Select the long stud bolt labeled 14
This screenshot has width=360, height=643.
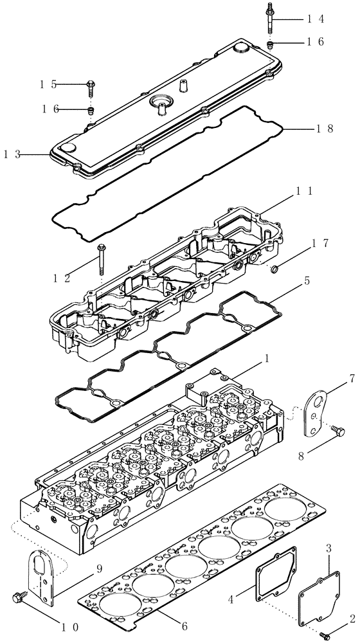click(268, 20)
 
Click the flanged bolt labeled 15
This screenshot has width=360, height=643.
click(91, 84)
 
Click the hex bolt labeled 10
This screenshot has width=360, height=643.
click(19, 598)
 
